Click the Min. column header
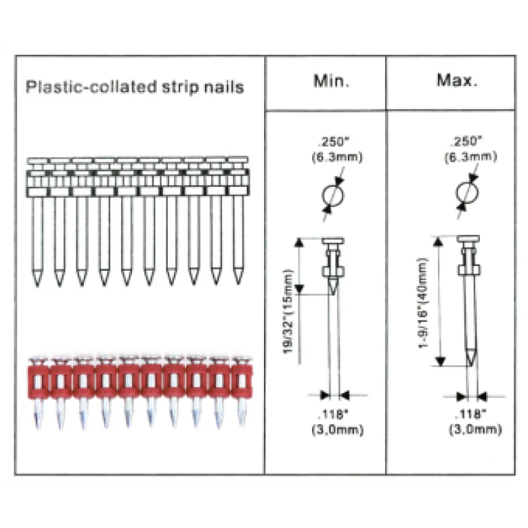pos(331,81)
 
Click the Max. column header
pos(457,80)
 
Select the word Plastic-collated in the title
pos(91,87)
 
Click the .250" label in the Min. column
pos(333,142)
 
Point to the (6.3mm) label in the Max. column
pos(470,157)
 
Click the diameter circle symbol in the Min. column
pos(333,195)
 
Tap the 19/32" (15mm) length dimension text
pos(288,311)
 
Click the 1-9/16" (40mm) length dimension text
pos(423,303)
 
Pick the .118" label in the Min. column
pos(333,414)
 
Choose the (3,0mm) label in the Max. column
pos(476,430)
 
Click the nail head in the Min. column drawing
pos(333,241)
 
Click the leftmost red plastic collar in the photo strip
pos(38,380)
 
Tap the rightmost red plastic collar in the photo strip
pos(242,380)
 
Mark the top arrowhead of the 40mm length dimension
pos(438,242)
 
